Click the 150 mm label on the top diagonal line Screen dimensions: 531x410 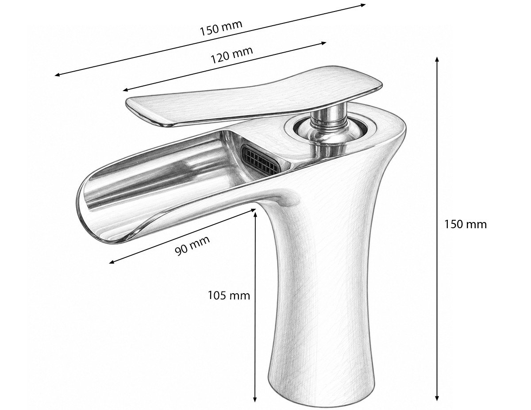pyautogui.click(x=221, y=28)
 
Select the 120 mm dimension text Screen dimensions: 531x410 pyautogui.click(x=232, y=55)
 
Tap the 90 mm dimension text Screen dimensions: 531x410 pyautogui.click(x=192, y=245)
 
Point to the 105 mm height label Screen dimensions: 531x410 pyautogui.click(x=229, y=295)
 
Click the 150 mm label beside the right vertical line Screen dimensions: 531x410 pyautogui.click(x=465, y=224)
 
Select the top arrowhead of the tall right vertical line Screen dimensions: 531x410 pyautogui.click(x=437, y=60)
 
